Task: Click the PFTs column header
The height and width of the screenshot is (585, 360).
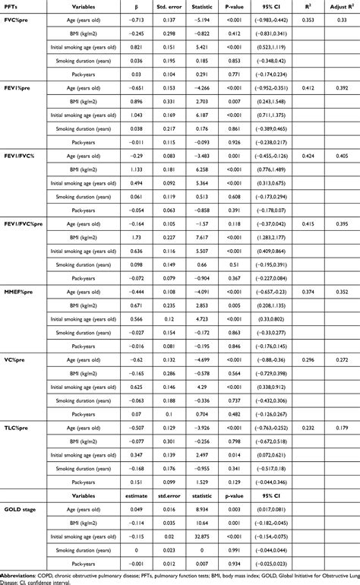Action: (11, 7)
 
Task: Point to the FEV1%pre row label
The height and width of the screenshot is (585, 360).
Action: (17, 89)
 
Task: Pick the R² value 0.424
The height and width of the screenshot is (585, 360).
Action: (308, 156)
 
